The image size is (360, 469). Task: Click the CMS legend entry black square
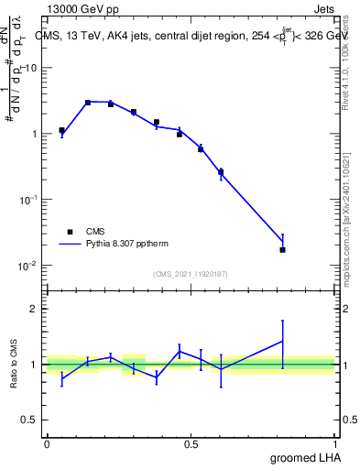coord(70,232)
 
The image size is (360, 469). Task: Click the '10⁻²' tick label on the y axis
coord(28,266)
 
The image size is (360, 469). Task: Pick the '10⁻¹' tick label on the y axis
coord(28,200)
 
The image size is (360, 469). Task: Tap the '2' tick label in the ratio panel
coord(34,309)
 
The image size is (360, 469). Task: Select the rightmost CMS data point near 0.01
coord(283,249)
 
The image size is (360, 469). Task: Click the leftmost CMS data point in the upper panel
coord(61,130)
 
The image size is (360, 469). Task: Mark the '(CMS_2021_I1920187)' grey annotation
coord(191,273)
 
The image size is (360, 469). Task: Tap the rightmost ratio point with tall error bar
coord(283,342)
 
